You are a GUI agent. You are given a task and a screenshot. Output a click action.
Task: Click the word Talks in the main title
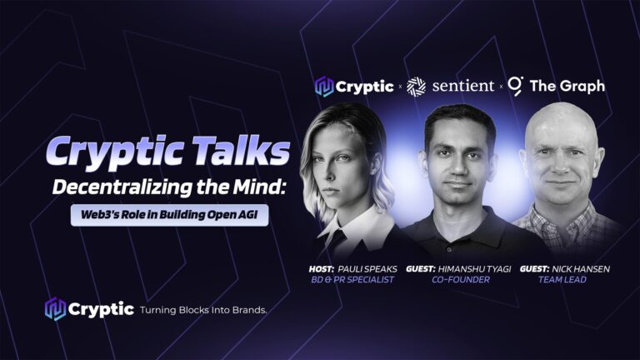click(x=241, y=150)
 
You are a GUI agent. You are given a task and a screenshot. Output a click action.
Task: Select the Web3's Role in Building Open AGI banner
click(x=169, y=215)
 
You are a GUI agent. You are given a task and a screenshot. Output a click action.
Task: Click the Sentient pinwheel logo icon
click(x=417, y=87)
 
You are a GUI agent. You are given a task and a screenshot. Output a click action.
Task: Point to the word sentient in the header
click(x=463, y=86)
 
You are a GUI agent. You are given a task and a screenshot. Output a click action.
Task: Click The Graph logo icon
click(x=516, y=86)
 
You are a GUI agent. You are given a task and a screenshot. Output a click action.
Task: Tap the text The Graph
click(x=567, y=86)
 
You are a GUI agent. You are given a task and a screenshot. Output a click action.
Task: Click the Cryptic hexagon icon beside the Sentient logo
click(x=324, y=87)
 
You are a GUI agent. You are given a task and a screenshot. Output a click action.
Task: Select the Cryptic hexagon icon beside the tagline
click(x=55, y=309)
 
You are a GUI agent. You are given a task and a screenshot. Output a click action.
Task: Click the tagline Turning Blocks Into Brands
click(x=203, y=310)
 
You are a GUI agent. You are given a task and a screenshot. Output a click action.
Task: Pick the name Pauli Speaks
click(x=367, y=269)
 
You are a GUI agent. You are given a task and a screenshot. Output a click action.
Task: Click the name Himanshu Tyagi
click(x=474, y=269)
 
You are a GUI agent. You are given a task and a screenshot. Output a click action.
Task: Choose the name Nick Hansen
click(x=581, y=269)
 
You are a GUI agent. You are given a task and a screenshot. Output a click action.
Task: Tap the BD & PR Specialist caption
click(x=352, y=280)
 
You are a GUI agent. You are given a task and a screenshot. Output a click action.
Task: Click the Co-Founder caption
click(x=461, y=280)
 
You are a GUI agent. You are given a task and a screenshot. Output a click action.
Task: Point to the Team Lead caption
click(x=562, y=280)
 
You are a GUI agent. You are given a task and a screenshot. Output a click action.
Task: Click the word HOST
click(x=321, y=269)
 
